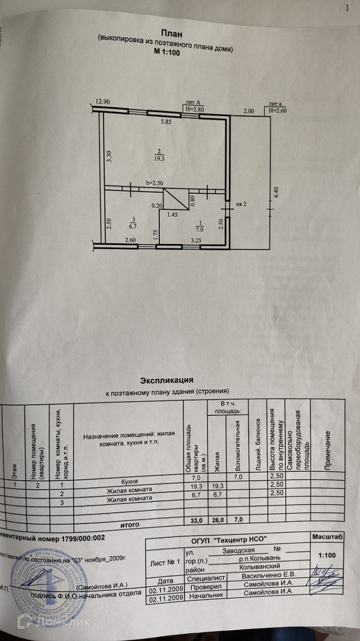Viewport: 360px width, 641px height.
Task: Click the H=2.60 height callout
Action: pyautogui.click(x=276, y=110)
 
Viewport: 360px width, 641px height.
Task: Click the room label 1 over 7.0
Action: pyautogui.click(x=200, y=226)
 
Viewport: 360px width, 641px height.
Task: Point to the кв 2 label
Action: pyautogui.click(x=242, y=204)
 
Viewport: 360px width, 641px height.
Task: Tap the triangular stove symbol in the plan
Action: pyautogui.click(x=176, y=199)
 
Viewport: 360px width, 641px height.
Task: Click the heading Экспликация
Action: pyautogui.click(x=166, y=380)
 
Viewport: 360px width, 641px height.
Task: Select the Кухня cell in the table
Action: pyautogui.click(x=129, y=482)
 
